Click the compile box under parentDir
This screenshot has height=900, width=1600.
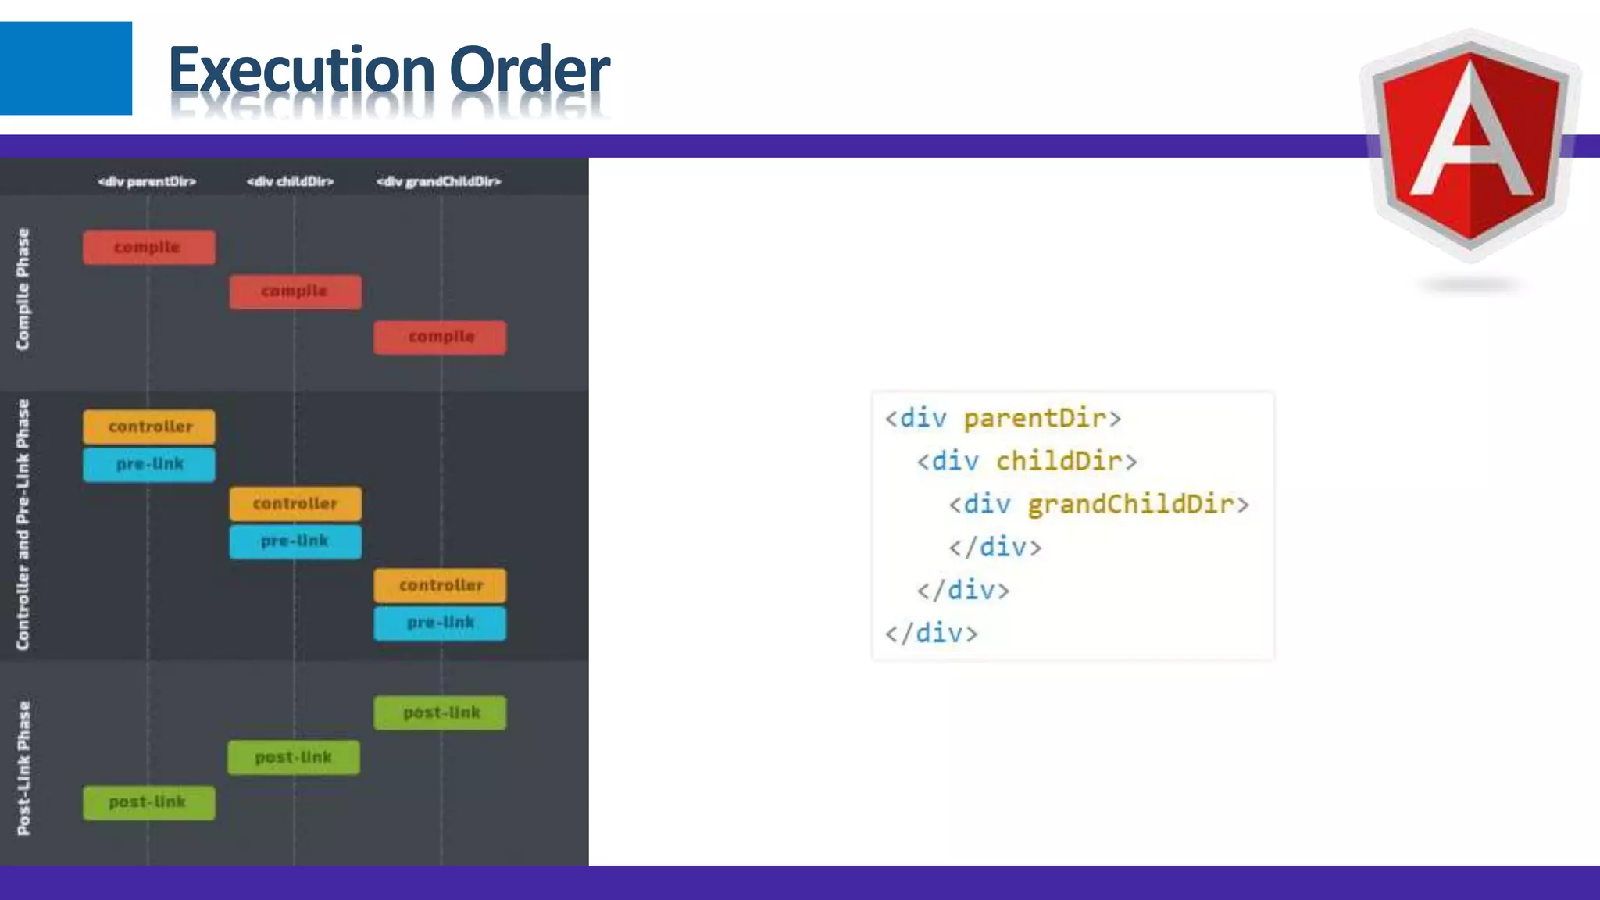coord(149,247)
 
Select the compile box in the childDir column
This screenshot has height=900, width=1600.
coord(295,291)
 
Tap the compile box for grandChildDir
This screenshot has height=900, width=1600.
coord(440,337)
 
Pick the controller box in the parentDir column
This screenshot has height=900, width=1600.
coord(149,427)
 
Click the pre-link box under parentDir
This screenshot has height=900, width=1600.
coord(149,464)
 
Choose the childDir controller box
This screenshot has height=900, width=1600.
coord(295,504)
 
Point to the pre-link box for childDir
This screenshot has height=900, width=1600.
coord(295,541)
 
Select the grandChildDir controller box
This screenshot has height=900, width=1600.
coord(440,585)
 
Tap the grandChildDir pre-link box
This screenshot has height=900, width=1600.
coord(440,623)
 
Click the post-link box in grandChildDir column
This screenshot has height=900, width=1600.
coord(440,712)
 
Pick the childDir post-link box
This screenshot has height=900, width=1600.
coord(294,757)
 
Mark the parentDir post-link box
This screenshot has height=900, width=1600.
coord(149,802)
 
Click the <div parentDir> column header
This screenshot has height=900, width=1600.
coord(147,181)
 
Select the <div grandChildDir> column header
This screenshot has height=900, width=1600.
coord(439,181)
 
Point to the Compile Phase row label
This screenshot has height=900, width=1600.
coord(23,289)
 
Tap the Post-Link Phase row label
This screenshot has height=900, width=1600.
coord(24,768)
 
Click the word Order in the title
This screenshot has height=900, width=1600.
coord(529,70)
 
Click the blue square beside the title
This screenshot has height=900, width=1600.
coord(66,68)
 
